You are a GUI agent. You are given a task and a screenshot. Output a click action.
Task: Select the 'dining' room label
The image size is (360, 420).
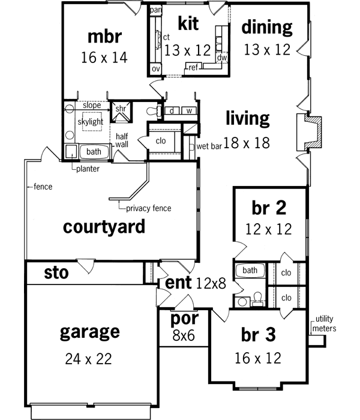click(266, 27)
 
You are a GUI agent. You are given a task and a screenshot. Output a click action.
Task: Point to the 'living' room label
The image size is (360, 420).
click(247, 118)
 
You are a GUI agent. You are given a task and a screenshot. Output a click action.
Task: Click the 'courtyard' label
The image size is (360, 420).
click(104, 227)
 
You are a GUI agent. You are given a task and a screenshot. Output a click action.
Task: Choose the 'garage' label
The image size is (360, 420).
click(89, 332)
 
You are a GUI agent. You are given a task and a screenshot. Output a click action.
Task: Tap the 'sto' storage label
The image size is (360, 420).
click(56, 273)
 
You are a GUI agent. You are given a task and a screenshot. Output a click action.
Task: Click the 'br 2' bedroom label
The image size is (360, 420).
click(268, 208)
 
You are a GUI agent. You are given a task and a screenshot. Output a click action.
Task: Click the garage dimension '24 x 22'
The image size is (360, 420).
click(89, 359)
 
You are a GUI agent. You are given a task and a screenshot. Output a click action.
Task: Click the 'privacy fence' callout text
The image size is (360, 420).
click(148, 208)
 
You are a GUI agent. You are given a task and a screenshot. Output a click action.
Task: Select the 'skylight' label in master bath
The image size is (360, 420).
click(90, 122)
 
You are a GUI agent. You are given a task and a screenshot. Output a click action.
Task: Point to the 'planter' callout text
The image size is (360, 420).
click(88, 169)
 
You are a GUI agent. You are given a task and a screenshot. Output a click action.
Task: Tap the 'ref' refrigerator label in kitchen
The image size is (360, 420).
click(193, 67)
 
